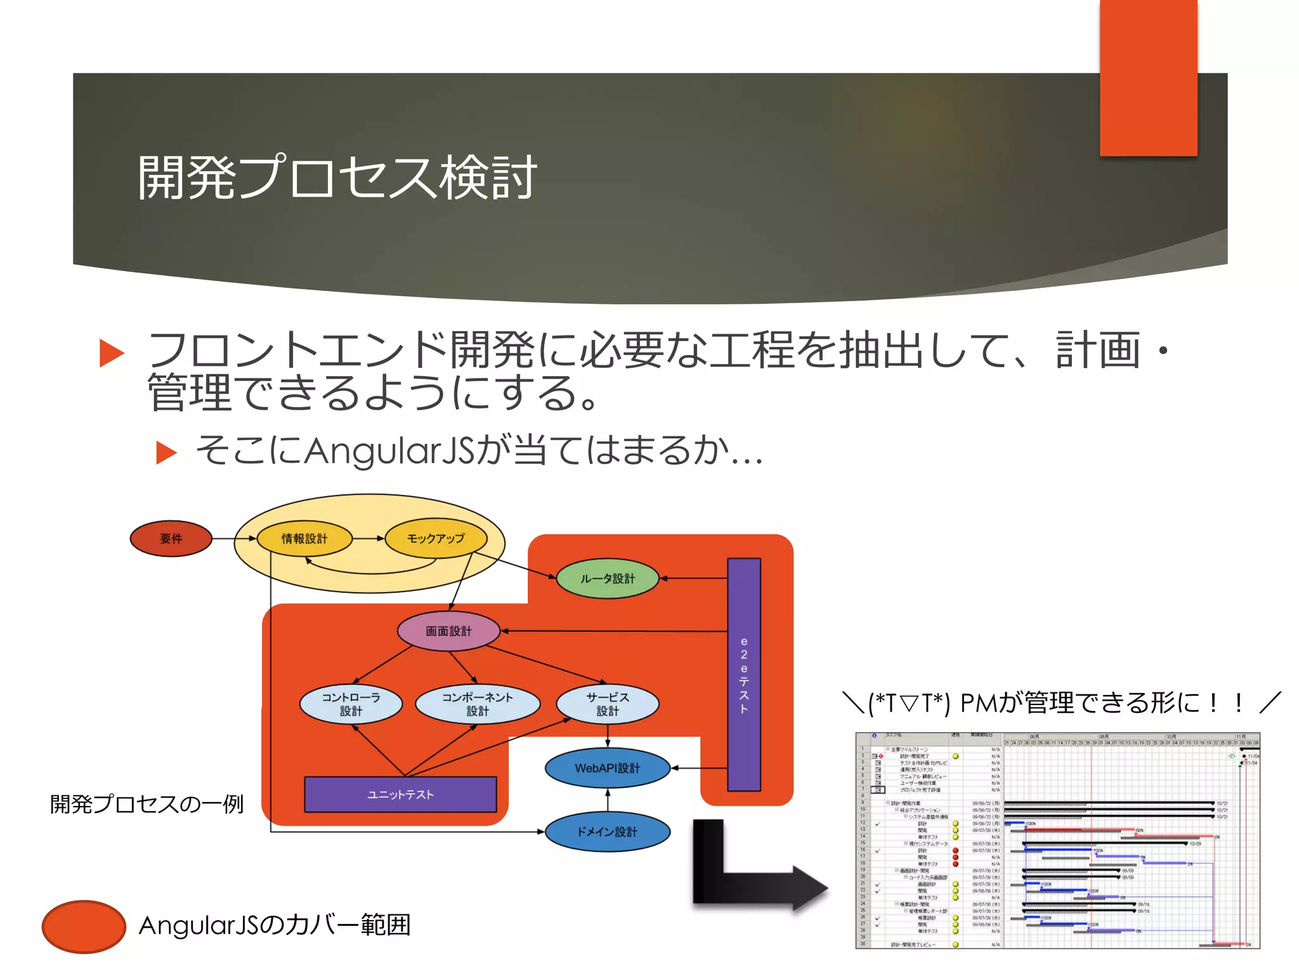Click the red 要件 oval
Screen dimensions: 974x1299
[171, 538]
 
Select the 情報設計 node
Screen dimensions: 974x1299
[304, 538]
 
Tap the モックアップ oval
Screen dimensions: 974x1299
[436, 538]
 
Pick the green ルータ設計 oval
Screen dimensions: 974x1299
[607, 578]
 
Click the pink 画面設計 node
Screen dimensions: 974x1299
[448, 631]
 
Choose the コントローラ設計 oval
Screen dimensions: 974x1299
[351, 704]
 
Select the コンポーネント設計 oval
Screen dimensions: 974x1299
[478, 704]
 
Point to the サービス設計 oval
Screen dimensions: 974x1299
[607, 704]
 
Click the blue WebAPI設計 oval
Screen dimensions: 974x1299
[607, 768]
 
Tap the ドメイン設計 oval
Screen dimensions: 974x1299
[607, 831]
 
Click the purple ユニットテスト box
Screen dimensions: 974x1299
[400, 795]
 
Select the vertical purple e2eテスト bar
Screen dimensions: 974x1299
[743, 674]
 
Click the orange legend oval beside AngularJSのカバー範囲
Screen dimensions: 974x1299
[84, 926]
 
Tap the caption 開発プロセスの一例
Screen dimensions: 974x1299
[147, 804]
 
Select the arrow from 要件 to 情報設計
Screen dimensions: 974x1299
[233, 538]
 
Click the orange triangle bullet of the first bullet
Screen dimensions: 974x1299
[112, 353]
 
